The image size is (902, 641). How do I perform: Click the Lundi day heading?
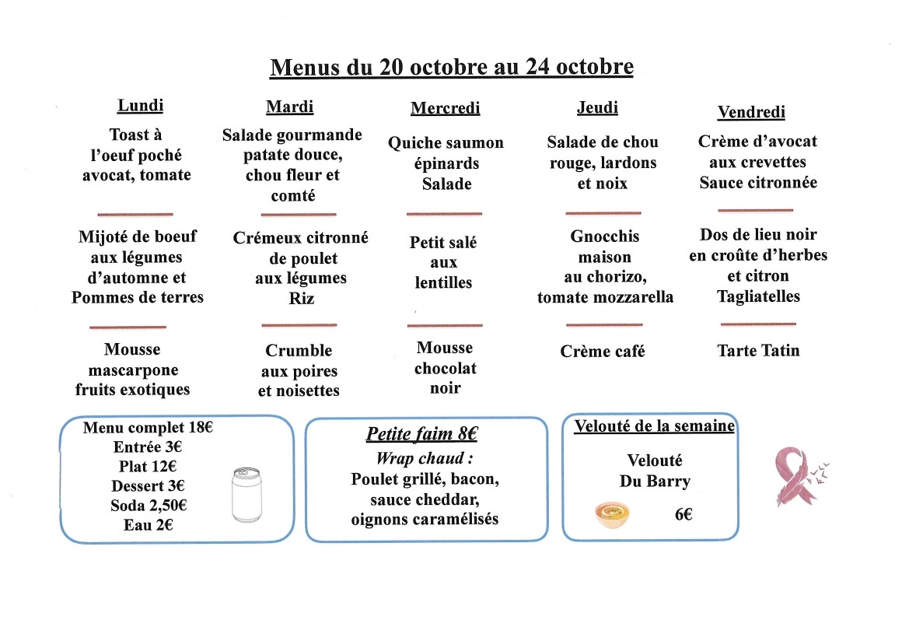pos(140,105)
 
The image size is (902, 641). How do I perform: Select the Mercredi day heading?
pos(445,108)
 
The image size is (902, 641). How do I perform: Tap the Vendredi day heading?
pos(750,112)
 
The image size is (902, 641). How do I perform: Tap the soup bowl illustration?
pos(612,515)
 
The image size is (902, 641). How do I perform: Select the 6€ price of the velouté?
pos(683,514)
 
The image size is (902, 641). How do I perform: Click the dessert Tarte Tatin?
pos(757,350)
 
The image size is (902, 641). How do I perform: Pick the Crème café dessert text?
pos(602,352)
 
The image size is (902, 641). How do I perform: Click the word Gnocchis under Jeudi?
pos(604,236)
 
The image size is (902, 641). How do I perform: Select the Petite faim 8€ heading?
pos(421,434)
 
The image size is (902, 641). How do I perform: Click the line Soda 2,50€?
pos(149,506)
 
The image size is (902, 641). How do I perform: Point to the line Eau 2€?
pos(148,525)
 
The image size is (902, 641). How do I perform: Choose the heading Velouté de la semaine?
pos(654,426)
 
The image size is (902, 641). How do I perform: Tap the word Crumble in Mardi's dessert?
pos(299,351)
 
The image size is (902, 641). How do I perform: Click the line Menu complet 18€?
pos(148,427)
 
